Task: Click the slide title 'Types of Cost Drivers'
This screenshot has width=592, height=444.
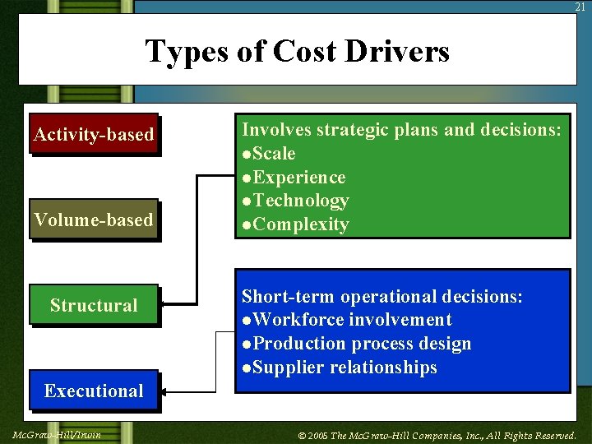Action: [297, 51]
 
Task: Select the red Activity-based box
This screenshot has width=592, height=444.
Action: [94, 134]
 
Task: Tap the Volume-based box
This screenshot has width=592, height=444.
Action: [94, 220]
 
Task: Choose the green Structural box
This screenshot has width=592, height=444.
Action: [94, 305]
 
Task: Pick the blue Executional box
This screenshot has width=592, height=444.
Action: [94, 391]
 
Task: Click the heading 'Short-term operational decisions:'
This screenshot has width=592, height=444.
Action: [382, 296]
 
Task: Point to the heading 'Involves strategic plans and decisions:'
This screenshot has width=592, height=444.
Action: [402, 130]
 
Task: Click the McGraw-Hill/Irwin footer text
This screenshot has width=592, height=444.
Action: [58, 434]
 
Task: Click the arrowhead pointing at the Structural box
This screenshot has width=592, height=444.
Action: [164, 304]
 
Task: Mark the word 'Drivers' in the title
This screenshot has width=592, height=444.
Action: [397, 51]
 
